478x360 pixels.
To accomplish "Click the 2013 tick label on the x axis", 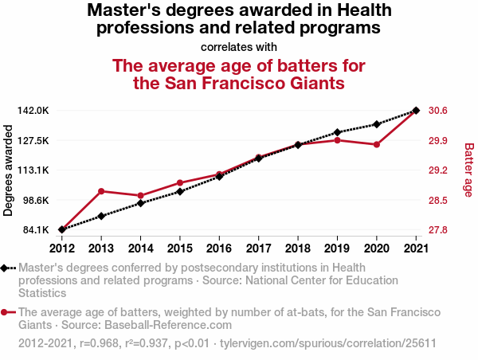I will (101, 247).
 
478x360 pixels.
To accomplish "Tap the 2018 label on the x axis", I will (298, 247).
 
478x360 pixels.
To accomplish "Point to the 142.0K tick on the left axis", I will (34, 111).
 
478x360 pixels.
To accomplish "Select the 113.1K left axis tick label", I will (34, 170).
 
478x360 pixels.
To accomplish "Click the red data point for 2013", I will (101, 191).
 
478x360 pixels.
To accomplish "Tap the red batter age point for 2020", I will (377, 144).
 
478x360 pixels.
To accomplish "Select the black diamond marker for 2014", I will (141, 203).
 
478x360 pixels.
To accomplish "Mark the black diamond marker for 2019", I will (338, 132).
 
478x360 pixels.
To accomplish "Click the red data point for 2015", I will (180, 183).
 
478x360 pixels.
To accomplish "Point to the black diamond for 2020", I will (377, 124).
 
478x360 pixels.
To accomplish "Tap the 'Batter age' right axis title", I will (468, 170).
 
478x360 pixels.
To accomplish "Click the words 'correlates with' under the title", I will (239, 46).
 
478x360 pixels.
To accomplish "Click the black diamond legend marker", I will (6, 269).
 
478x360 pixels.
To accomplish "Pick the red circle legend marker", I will (6, 313).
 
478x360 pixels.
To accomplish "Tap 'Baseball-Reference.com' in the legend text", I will (170, 325).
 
